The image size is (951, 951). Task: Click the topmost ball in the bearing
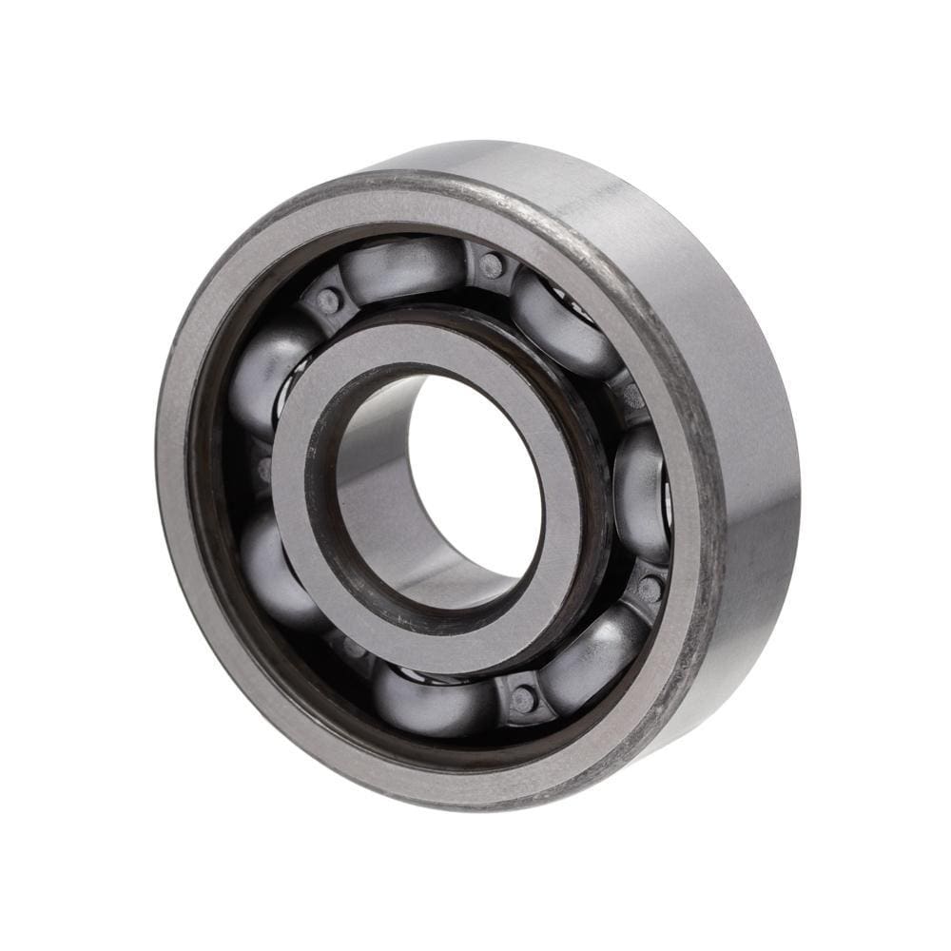point(404,269)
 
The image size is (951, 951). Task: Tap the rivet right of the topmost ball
point(491,265)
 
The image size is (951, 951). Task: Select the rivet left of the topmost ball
point(328,301)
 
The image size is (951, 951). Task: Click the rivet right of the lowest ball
point(522,700)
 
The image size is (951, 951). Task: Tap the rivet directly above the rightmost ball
point(631,395)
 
